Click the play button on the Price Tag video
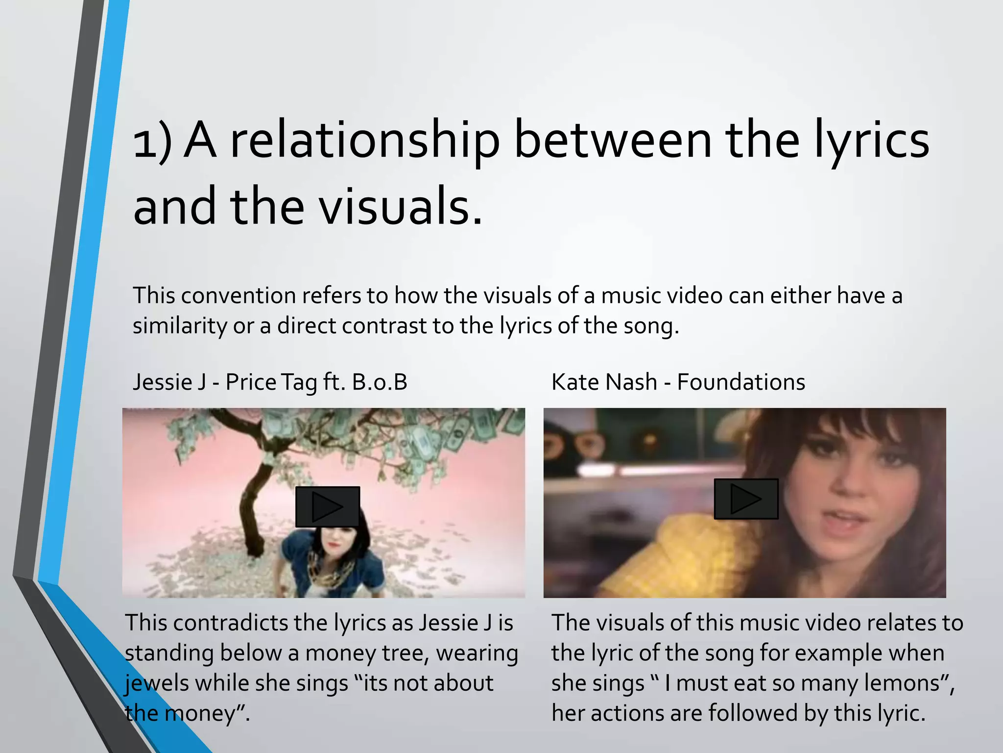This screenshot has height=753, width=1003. (x=327, y=507)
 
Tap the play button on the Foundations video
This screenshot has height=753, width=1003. (x=746, y=499)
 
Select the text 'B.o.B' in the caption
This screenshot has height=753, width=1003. (x=379, y=382)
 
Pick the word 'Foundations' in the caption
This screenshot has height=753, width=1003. (x=740, y=382)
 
